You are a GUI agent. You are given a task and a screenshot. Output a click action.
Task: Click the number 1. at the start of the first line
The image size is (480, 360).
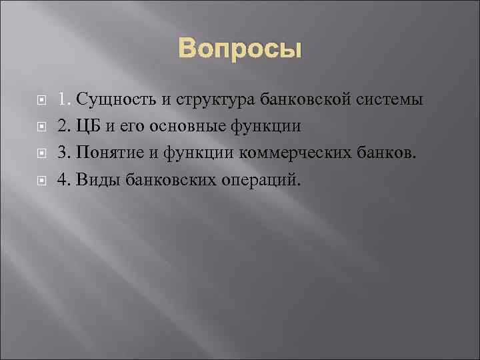pos(64,100)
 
